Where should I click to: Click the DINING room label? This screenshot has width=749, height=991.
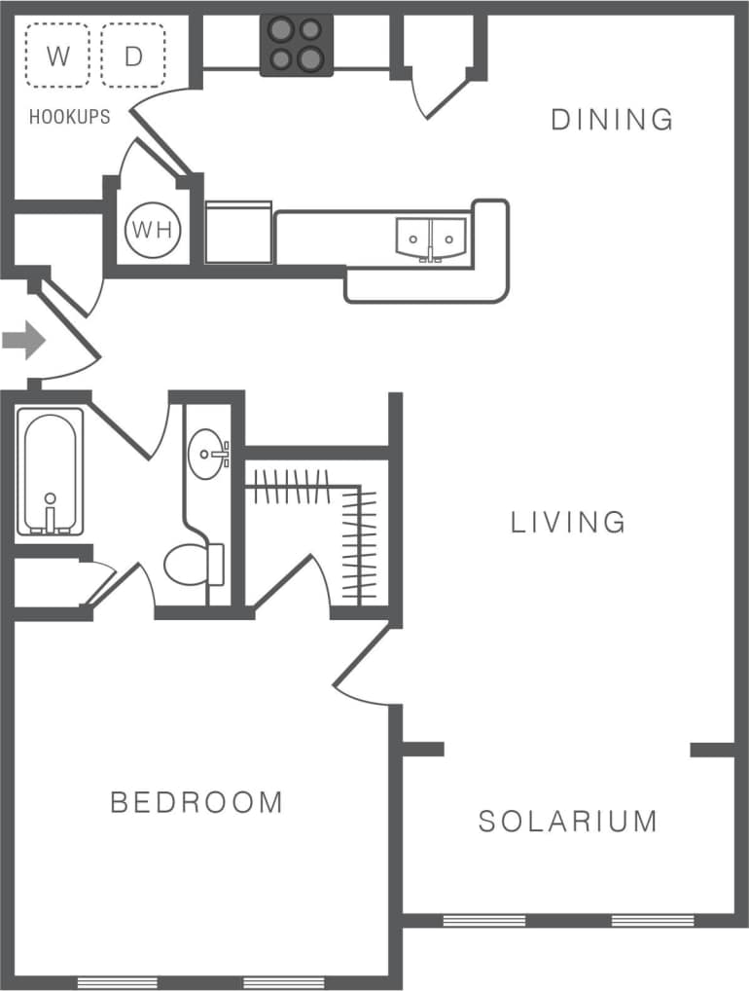612,120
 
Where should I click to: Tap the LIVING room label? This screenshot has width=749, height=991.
569,523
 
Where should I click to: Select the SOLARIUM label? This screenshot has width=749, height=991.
568,821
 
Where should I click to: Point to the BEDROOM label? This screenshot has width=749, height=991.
196,803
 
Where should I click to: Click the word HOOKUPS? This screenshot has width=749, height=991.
69,117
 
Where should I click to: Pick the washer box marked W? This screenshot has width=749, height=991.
57,55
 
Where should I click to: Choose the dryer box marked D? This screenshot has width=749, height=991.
133,55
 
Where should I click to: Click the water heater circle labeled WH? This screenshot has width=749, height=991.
153,230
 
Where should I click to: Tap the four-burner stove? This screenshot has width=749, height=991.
297,45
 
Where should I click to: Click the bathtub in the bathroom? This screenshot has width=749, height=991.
48,473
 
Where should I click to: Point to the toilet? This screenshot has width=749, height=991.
190,565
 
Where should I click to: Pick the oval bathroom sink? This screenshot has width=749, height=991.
207,454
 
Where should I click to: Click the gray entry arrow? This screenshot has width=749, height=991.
23,341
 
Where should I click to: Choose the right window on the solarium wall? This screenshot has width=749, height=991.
653,920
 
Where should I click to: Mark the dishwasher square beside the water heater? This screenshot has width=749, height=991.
237,232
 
